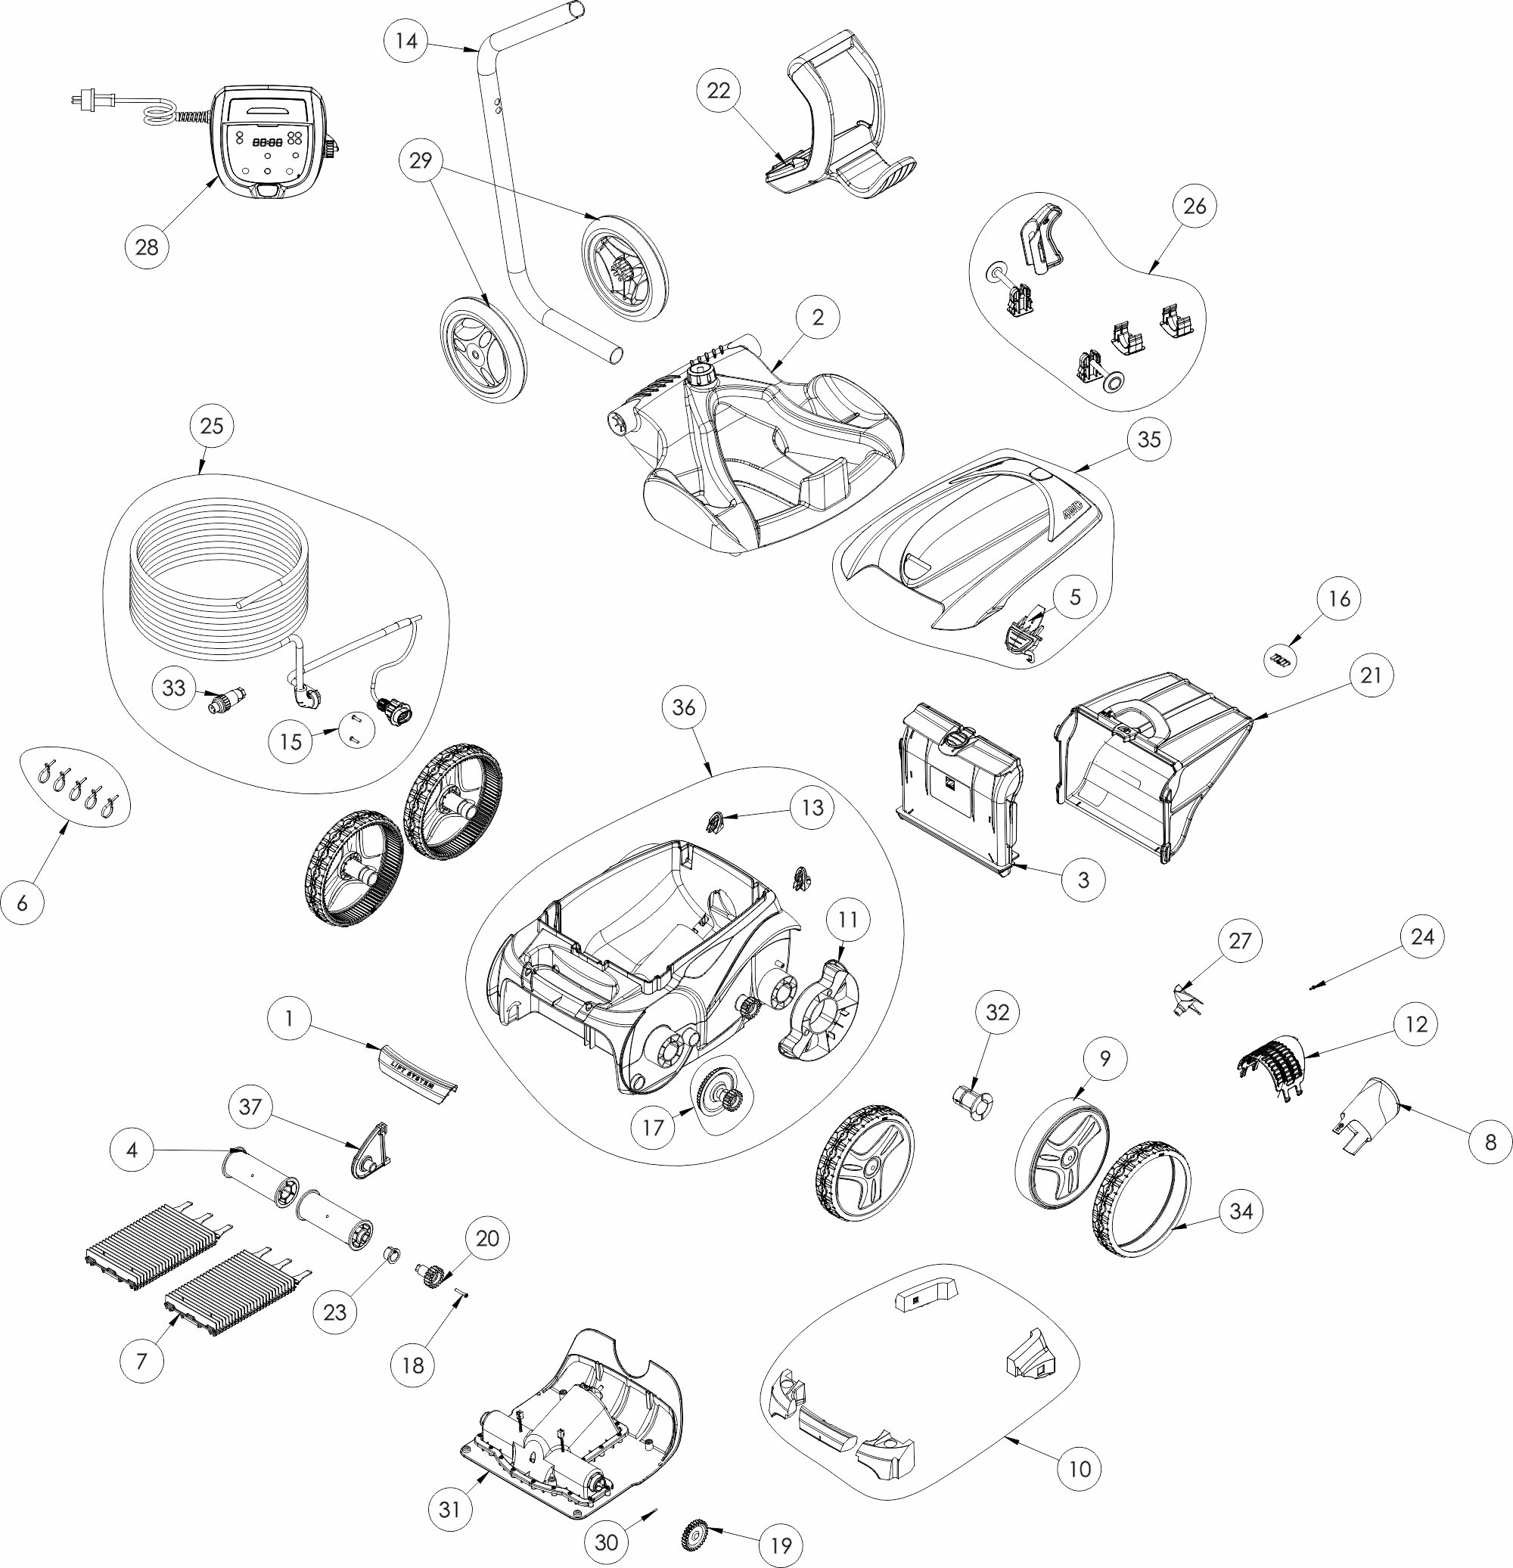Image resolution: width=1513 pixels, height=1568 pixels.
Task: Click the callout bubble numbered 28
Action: coord(148,247)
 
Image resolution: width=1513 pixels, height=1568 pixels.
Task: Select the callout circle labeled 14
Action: coord(406,40)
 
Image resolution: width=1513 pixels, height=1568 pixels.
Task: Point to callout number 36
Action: coord(684,707)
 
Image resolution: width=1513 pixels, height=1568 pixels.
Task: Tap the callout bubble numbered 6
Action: coord(22,902)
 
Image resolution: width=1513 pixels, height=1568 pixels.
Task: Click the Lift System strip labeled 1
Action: coord(416,1069)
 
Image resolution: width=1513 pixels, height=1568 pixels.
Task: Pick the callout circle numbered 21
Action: coord(1372,675)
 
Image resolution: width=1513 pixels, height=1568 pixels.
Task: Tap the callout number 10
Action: coord(1080,1468)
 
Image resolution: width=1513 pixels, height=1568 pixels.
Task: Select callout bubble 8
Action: coord(1490,1141)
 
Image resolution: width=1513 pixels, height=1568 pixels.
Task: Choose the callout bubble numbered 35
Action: coord(1149,439)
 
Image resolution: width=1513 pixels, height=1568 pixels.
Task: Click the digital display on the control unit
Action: coord(267,141)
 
